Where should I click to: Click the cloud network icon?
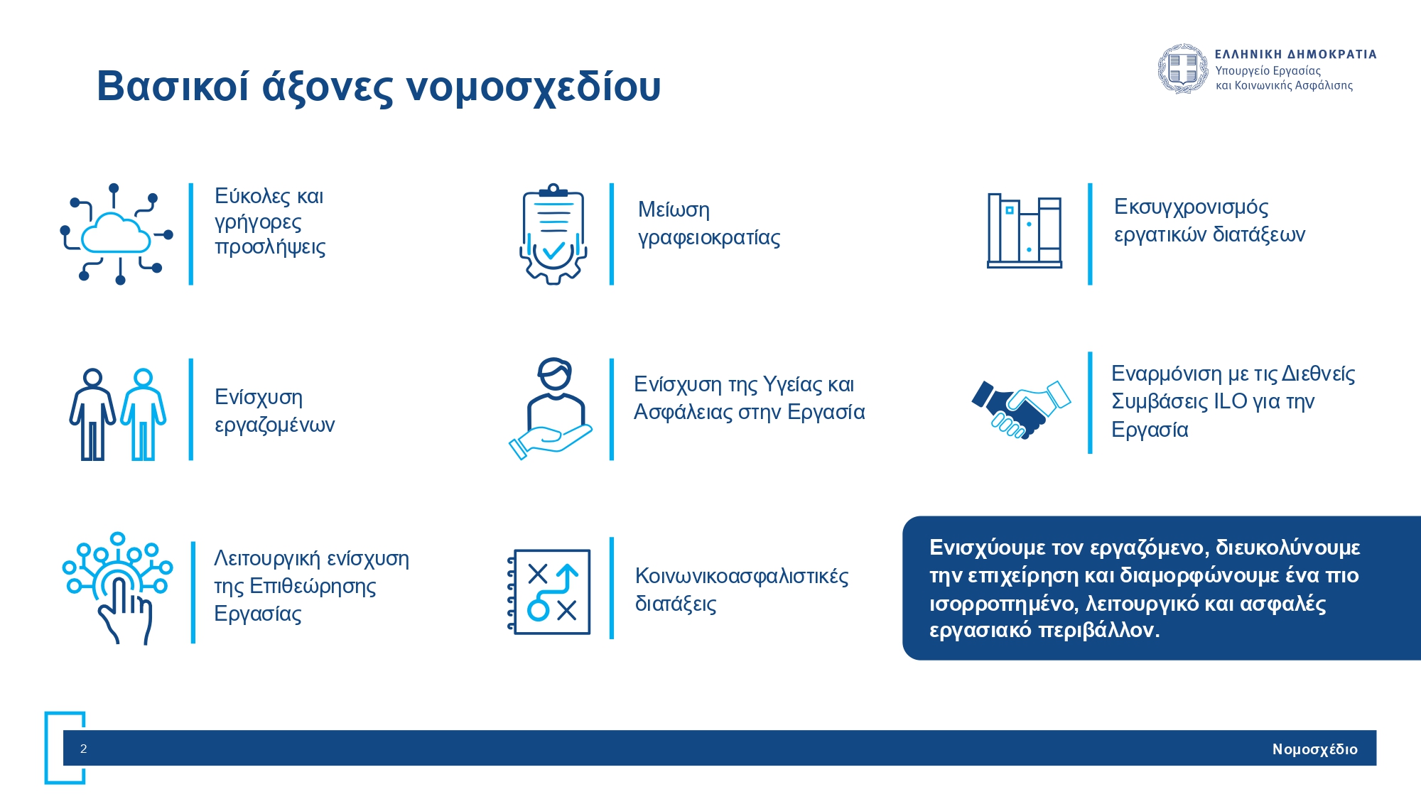pyautogui.click(x=117, y=234)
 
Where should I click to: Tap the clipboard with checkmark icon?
pyautogui.click(x=553, y=234)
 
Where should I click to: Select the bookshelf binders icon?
pyautogui.click(x=1025, y=231)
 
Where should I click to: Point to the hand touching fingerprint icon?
pyautogui.click(x=118, y=588)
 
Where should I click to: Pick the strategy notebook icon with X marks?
pyautogui.click(x=549, y=592)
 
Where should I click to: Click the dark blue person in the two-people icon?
pyautogui.click(x=92, y=414)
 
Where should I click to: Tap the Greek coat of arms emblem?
pyautogui.click(x=1183, y=69)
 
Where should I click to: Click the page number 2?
pyautogui.click(x=84, y=749)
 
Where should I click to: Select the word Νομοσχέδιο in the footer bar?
pyautogui.click(x=1314, y=749)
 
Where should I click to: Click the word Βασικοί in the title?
pyautogui.click(x=173, y=86)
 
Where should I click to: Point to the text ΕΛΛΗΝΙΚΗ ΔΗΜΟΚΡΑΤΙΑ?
pyautogui.click(x=1296, y=54)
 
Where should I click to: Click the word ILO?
pyautogui.click(x=1231, y=401)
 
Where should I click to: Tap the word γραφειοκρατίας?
pyautogui.click(x=709, y=238)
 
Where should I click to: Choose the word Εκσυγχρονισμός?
pyautogui.click(x=1191, y=207)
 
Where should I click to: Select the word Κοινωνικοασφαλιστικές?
pyautogui.click(x=742, y=576)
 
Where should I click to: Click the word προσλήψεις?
pyautogui.click(x=270, y=248)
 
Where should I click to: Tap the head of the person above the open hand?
pyautogui.click(x=554, y=374)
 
